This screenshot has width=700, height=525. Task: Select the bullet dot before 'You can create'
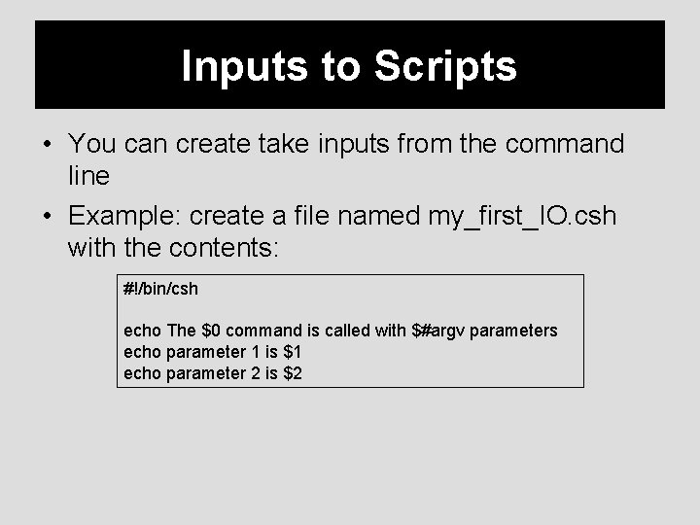48,145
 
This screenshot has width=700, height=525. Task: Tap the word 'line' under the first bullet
88,176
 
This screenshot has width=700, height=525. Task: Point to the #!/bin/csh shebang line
161,290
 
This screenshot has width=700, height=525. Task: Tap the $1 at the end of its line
292,352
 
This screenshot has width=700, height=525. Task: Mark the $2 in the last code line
292,372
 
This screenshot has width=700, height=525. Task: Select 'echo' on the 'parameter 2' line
142,372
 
